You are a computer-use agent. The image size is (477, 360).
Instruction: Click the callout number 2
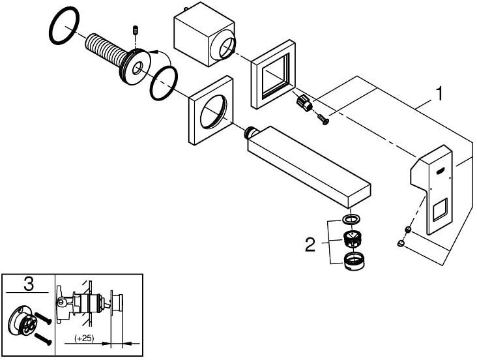pyautogui.click(x=310, y=245)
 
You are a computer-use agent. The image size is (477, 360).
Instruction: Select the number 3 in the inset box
pyautogui.click(x=28, y=284)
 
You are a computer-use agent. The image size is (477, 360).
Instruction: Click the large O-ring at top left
pyautogui.click(x=64, y=28)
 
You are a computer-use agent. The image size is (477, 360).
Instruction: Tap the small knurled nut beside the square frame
pyautogui.click(x=303, y=102)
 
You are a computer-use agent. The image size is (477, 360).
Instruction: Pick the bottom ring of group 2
pyautogui.click(x=353, y=261)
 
